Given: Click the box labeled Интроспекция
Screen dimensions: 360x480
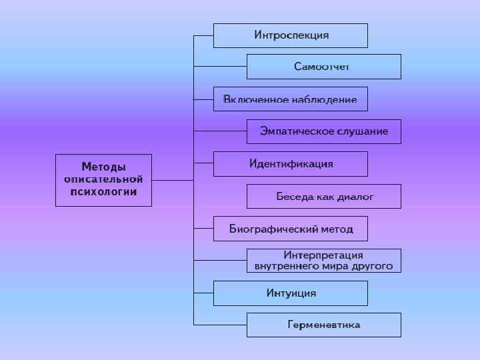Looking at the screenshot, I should point(291,35).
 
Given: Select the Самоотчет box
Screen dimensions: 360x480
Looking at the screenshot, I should point(323,67).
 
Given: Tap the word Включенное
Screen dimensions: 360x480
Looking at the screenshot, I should point(249,99).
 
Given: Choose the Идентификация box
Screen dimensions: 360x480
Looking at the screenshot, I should point(291,163).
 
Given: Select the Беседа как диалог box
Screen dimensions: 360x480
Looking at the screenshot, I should point(323,196).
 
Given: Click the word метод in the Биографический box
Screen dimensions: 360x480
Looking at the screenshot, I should point(337,229).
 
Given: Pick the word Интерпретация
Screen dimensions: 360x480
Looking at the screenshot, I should point(323,255).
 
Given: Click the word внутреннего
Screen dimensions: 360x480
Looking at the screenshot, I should point(287,266).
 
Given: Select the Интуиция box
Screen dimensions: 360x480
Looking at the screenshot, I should point(291,293).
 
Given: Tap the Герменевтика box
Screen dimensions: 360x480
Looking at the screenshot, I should point(323,325).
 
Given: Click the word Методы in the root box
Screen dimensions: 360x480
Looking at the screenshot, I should point(103,167).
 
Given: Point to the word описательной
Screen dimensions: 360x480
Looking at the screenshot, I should point(103,179).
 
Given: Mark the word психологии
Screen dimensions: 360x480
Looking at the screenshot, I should point(103,191).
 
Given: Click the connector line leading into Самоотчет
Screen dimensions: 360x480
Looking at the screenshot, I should point(220,67).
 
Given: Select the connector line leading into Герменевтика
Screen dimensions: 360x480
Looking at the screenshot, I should point(220,325).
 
